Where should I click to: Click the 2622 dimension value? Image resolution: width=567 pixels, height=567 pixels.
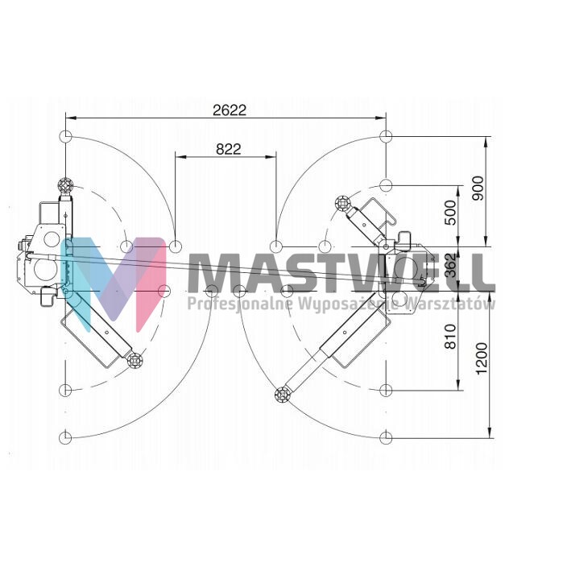pos(230,110)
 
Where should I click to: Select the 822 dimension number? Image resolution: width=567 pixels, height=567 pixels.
pos(229,149)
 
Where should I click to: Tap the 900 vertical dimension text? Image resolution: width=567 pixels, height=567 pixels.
pos(478,188)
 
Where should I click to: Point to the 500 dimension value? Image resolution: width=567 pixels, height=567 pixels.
pos(450,213)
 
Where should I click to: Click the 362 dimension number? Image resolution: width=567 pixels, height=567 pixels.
pos(450,265)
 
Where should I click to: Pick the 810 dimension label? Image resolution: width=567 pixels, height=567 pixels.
pos(450,337)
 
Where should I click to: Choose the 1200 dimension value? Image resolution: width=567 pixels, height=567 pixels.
pos(482,358)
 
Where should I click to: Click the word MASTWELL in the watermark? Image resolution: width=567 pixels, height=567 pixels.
pos(341,272)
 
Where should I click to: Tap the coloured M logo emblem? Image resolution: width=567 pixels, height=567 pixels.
pos(114,283)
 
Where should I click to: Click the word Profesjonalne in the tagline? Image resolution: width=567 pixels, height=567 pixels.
pos(241,303)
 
